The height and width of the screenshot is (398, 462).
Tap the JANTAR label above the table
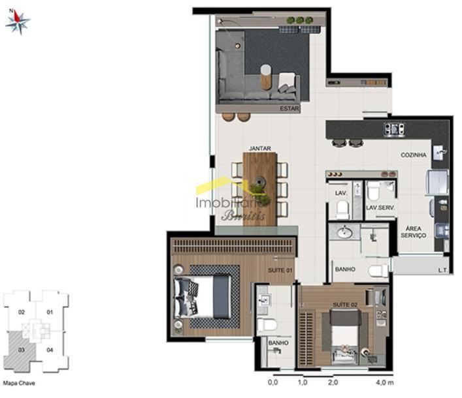(x=259, y=148)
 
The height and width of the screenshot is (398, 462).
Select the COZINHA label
(x=414, y=155)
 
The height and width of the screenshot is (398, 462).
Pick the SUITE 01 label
(x=279, y=269)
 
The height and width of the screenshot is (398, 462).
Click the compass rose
(x=18, y=22)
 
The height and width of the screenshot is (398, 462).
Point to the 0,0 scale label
(x=272, y=382)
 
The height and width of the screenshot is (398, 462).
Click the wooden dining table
(x=260, y=188)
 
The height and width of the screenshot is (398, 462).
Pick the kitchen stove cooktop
(x=393, y=129)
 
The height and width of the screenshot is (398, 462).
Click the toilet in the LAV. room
(x=342, y=209)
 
